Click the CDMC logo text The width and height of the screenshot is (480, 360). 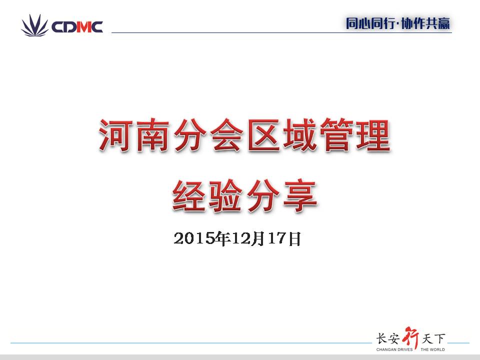click(x=77, y=27)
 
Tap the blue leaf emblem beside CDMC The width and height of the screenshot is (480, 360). click(x=34, y=25)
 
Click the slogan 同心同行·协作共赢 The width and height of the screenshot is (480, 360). click(x=398, y=23)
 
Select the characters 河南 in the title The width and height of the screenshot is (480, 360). click(x=134, y=135)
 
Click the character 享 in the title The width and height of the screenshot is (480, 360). click(x=300, y=195)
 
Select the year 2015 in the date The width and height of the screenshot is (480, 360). click(x=194, y=238)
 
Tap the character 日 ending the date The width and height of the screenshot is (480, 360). click(x=294, y=239)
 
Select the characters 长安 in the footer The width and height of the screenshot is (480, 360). click(x=388, y=338)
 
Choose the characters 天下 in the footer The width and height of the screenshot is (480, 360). click(x=433, y=338)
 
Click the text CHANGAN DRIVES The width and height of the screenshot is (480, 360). click(x=394, y=349)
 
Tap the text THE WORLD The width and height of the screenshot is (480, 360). click(x=432, y=349)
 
